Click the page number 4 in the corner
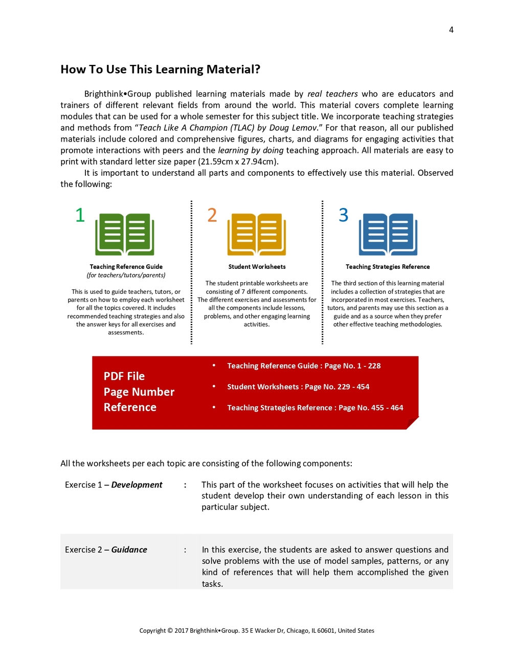click(x=451, y=30)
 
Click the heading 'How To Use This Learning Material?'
click(x=160, y=70)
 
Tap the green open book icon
click(x=125, y=234)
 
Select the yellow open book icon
click(x=257, y=234)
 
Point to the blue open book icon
click(x=388, y=234)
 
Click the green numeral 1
click(x=80, y=215)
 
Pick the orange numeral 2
click(x=212, y=215)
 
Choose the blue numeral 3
click(x=343, y=215)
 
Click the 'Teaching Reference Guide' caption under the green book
click(x=126, y=267)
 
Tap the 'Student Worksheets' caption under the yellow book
click(x=257, y=267)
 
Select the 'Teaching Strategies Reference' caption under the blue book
click(x=388, y=267)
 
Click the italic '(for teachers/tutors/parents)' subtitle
click(x=126, y=276)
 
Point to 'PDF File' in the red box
click(x=124, y=376)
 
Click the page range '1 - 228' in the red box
click(x=369, y=366)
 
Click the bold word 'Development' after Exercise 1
click(x=137, y=485)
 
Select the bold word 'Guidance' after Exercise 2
click(x=129, y=550)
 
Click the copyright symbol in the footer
click(x=170, y=631)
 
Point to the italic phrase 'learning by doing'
click(x=251, y=150)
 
